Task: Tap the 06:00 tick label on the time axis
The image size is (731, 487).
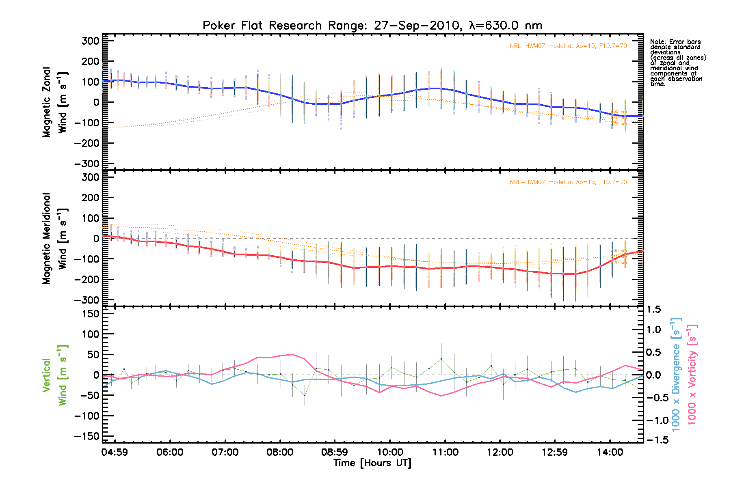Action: tap(170, 452)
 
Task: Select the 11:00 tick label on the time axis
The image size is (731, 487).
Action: tap(446, 452)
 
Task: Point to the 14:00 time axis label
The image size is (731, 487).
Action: tap(610, 452)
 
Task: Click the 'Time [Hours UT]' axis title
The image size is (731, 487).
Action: tap(372, 463)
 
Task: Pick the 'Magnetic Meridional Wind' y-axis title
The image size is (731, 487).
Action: tap(54, 239)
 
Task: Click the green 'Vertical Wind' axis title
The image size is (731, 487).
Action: tap(54, 375)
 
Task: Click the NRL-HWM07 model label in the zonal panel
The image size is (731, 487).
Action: tap(568, 46)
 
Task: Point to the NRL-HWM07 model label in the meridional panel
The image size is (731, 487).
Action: tap(568, 182)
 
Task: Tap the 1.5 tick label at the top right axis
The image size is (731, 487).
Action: tap(653, 310)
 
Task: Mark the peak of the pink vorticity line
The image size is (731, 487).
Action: tap(292, 354)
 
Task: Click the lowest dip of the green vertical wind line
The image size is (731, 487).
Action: tap(305, 395)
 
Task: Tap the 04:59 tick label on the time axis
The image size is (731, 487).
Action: tap(115, 452)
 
